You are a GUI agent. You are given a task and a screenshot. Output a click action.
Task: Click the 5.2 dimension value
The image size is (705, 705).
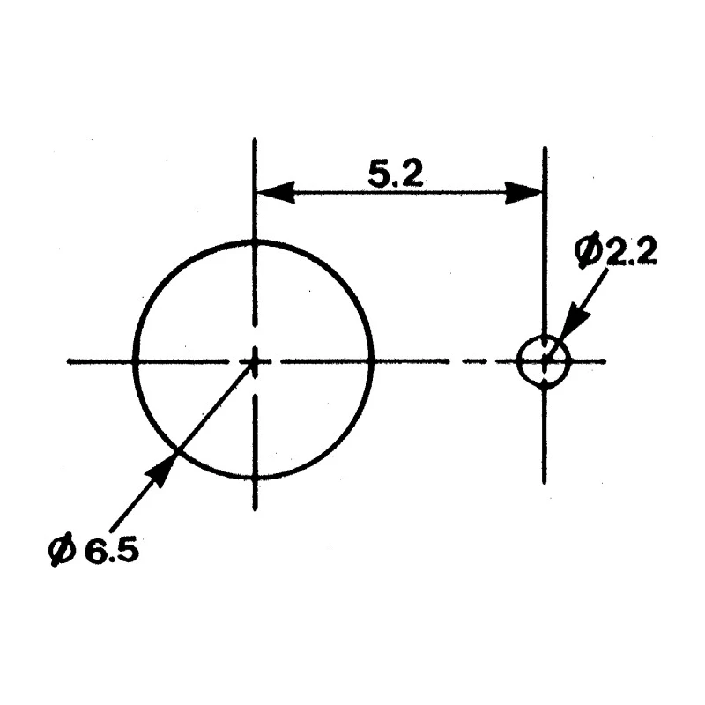(x=396, y=174)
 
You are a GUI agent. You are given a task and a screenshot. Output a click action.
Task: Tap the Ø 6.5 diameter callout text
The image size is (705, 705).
(x=93, y=549)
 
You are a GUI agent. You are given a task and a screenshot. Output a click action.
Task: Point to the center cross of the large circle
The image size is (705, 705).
(x=255, y=361)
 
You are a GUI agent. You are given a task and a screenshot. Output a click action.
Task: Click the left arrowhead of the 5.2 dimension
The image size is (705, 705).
(x=275, y=192)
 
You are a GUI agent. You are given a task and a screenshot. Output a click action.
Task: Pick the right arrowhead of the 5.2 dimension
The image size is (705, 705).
(x=523, y=192)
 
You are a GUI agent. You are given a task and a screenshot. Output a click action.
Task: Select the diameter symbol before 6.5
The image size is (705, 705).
(x=61, y=549)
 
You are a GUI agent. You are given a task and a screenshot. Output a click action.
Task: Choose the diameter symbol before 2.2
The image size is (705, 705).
(x=588, y=250)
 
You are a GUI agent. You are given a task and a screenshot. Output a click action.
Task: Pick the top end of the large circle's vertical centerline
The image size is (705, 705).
(x=255, y=139)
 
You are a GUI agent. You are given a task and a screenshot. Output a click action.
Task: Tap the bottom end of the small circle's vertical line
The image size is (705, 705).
(x=545, y=482)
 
